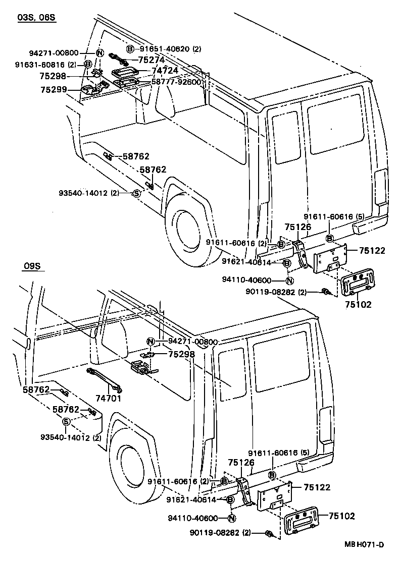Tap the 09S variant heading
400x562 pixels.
[x=32, y=266]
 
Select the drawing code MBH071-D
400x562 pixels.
[x=365, y=544]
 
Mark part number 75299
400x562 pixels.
[x=53, y=90]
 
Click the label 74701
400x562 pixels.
[x=109, y=398]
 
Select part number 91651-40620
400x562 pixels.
[x=163, y=49]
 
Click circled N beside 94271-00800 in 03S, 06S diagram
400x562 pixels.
[x=99, y=53]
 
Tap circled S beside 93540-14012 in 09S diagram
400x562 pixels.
[x=67, y=422]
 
